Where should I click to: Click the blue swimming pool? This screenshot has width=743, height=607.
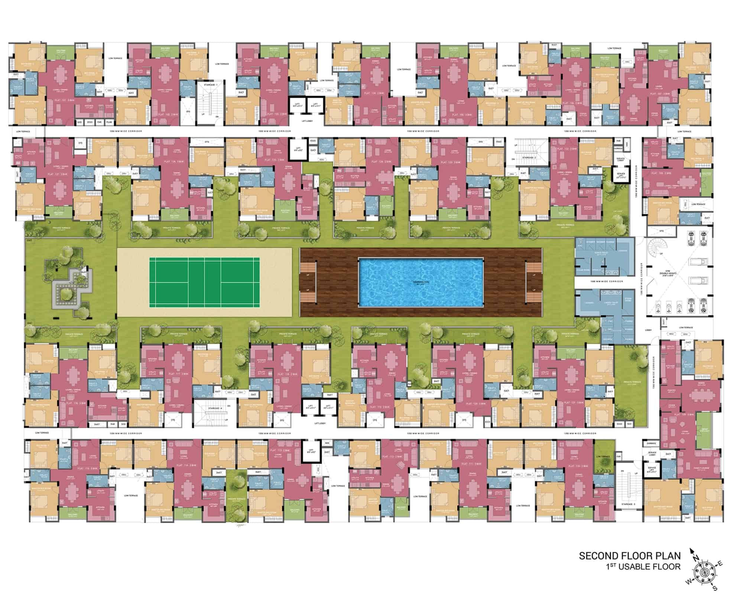click(x=421, y=282)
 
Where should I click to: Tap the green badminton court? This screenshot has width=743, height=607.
click(x=205, y=283)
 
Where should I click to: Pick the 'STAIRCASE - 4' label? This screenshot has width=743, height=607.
click(x=215, y=408)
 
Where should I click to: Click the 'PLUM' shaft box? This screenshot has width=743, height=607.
click(x=109, y=122)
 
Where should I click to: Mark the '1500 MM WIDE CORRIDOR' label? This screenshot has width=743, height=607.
click(x=606, y=281)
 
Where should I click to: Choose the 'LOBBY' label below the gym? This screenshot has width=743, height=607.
click(x=648, y=330)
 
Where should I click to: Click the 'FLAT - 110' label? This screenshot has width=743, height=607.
click(x=577, y=466)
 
